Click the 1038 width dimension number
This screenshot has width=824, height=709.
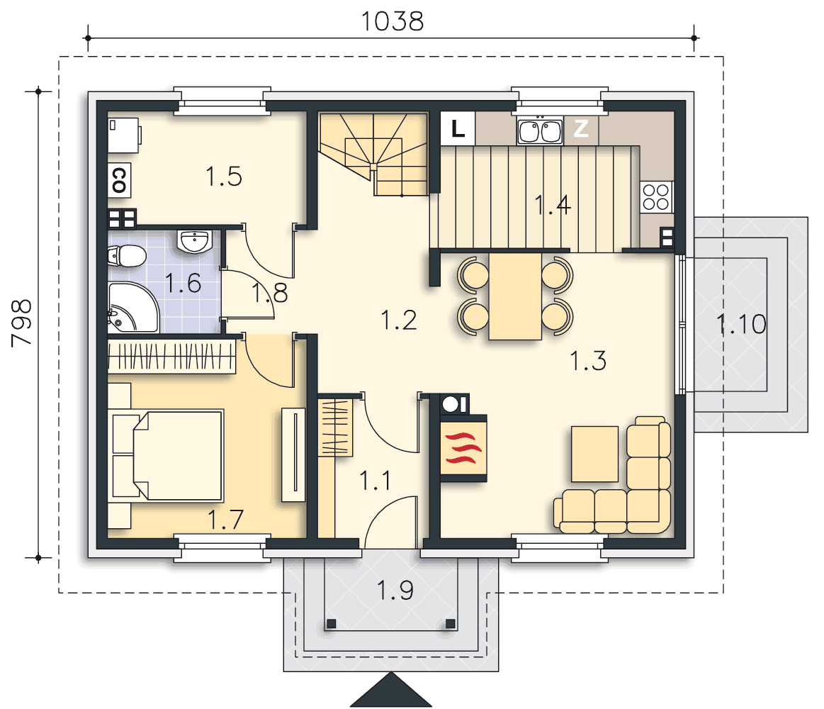tap(392, 21)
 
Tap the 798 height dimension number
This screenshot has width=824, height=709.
tap(21, 323)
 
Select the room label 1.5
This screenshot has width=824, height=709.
tap(224, 177)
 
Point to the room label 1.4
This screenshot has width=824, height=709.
tap(553, 205)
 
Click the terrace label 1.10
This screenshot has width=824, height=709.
tap(741, 324)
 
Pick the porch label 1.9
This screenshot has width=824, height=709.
tap(395, 590)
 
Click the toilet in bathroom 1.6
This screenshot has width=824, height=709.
tap(127, 256)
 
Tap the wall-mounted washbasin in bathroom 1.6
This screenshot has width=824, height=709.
tap(195, 241)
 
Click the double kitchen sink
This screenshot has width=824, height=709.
tap(540, 131)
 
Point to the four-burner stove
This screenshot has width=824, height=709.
tap(656, 196)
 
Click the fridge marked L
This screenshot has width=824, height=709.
tap(458, 128)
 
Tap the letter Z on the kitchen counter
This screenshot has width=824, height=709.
tap(581, 128)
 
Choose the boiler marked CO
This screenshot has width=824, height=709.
tap(119, 180)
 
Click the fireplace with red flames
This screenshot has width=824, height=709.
tap(463, 448)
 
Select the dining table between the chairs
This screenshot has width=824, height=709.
tap(515, 296)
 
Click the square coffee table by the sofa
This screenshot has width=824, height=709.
tap(595, 454)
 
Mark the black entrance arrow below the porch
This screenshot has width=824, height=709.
tap(391, 690)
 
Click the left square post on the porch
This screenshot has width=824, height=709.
tap(332, 624)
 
